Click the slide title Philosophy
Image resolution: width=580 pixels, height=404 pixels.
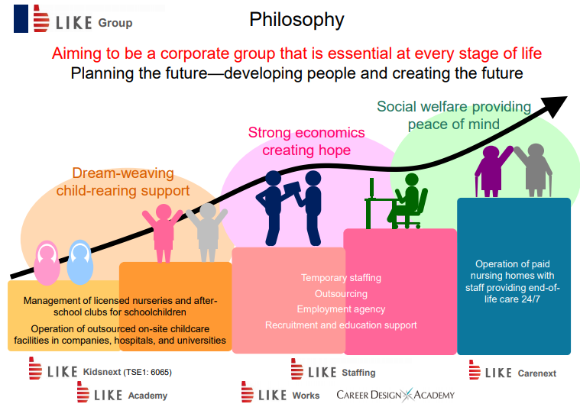tap(296, 20)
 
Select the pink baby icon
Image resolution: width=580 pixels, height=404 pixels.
tap(47, 263)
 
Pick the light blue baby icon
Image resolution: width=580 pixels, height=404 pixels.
tap(80, 262)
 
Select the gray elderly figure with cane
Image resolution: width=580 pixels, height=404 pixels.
tap(533, 170)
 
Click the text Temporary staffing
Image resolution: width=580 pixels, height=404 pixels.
tap(341, 278)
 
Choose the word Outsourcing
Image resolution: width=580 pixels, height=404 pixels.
tap(341, 294)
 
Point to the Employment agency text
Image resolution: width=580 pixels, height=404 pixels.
tap(341, 309)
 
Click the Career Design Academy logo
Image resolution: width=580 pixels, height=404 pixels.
tap(395, 395)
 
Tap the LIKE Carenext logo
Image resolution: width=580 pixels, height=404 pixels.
tap(513, 370)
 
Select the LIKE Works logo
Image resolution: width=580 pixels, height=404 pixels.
tap(280, 393)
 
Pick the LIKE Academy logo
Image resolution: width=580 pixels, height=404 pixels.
tap(122, 393)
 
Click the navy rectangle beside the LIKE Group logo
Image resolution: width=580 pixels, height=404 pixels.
tap(21, 18)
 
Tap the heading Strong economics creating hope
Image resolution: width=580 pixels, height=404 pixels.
tap(306, 141)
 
